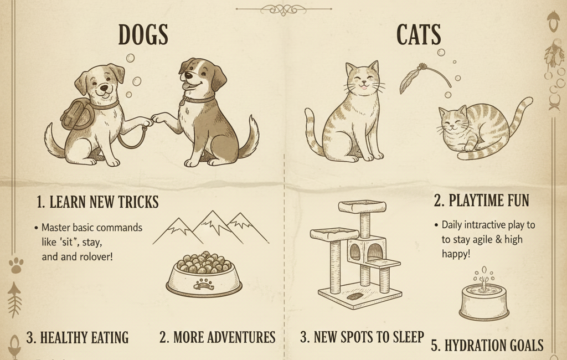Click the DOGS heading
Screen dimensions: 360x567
(143, 35)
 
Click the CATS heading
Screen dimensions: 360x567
(419, 35)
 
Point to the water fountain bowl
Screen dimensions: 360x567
(484, 299)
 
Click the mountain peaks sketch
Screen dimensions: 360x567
(210, 227)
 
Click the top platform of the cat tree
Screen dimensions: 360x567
(362, 207)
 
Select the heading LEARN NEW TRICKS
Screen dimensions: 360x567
(97, 202)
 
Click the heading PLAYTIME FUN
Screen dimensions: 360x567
(481, 200)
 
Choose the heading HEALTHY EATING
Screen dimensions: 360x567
(77, 337)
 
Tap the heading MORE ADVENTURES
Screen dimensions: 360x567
(217, 337)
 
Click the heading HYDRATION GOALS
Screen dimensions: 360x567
(487, 345)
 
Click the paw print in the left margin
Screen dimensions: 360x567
(16, 265)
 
